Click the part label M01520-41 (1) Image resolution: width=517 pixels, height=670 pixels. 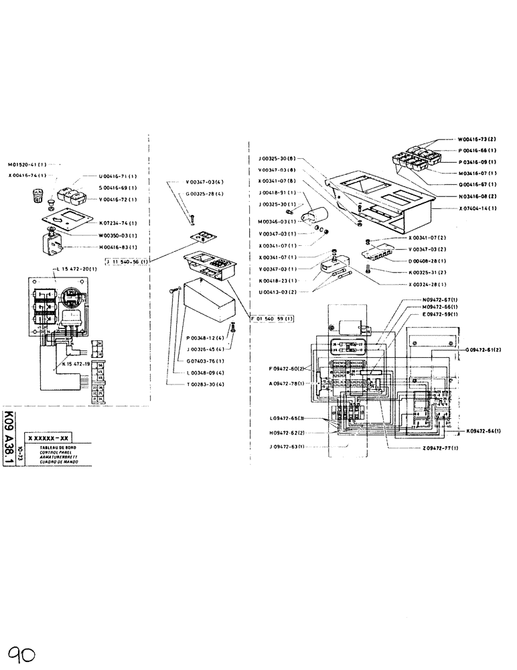tap(27, 164)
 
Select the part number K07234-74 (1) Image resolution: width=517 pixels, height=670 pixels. tap(118, 222)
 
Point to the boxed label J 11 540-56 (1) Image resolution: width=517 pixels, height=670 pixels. tap(127, 261)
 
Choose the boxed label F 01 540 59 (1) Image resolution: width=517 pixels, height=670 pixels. tap(271, 319)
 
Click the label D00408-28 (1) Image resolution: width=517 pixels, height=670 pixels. tap(427, 261)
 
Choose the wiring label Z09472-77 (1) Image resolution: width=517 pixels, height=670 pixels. tap(423, 447)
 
